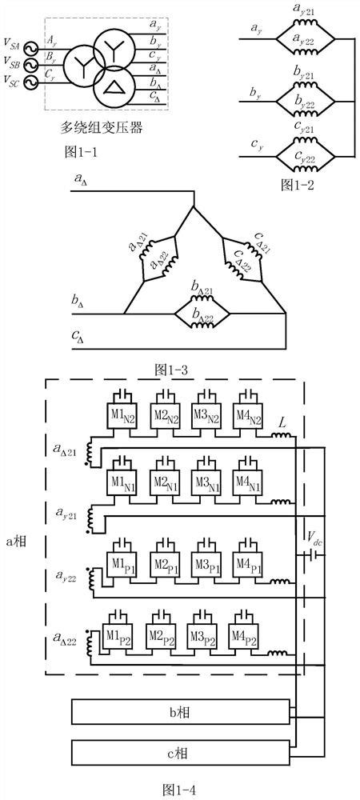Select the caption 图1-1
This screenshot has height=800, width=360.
click(80, 150)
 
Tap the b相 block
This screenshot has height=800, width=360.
click(183, 710)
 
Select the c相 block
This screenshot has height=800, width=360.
click(183, 753)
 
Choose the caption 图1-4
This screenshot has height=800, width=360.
click(179, 788)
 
